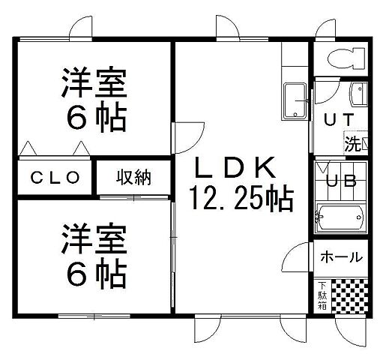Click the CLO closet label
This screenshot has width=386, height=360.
55,178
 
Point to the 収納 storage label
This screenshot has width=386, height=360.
133,178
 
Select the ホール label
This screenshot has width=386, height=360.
341,257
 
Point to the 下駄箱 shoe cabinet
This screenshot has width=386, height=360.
321,295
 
